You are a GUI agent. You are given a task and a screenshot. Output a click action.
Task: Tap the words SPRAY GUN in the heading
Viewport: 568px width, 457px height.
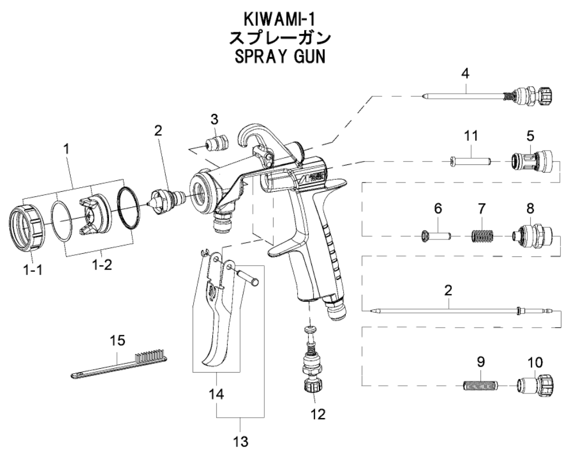pos(280,57)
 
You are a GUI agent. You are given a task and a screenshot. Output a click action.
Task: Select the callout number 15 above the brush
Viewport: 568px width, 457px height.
pos(118,340)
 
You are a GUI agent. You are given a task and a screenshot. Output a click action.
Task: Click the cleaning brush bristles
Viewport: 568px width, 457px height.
pos(151,354)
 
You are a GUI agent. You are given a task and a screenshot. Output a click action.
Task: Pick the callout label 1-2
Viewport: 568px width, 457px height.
pos(102,265)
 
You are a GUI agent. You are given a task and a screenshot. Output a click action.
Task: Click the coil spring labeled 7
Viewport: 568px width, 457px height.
pos(482,237)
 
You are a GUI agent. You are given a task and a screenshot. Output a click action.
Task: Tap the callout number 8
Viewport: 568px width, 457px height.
pos(530,209)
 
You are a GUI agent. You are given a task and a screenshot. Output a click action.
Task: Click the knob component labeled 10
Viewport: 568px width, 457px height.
pos(535,384)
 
